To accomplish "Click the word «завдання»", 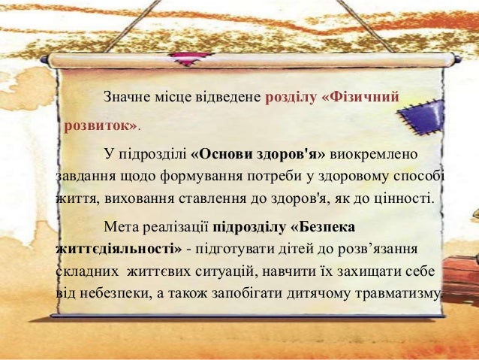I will point(83,177).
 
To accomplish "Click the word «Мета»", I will point(122,225).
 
